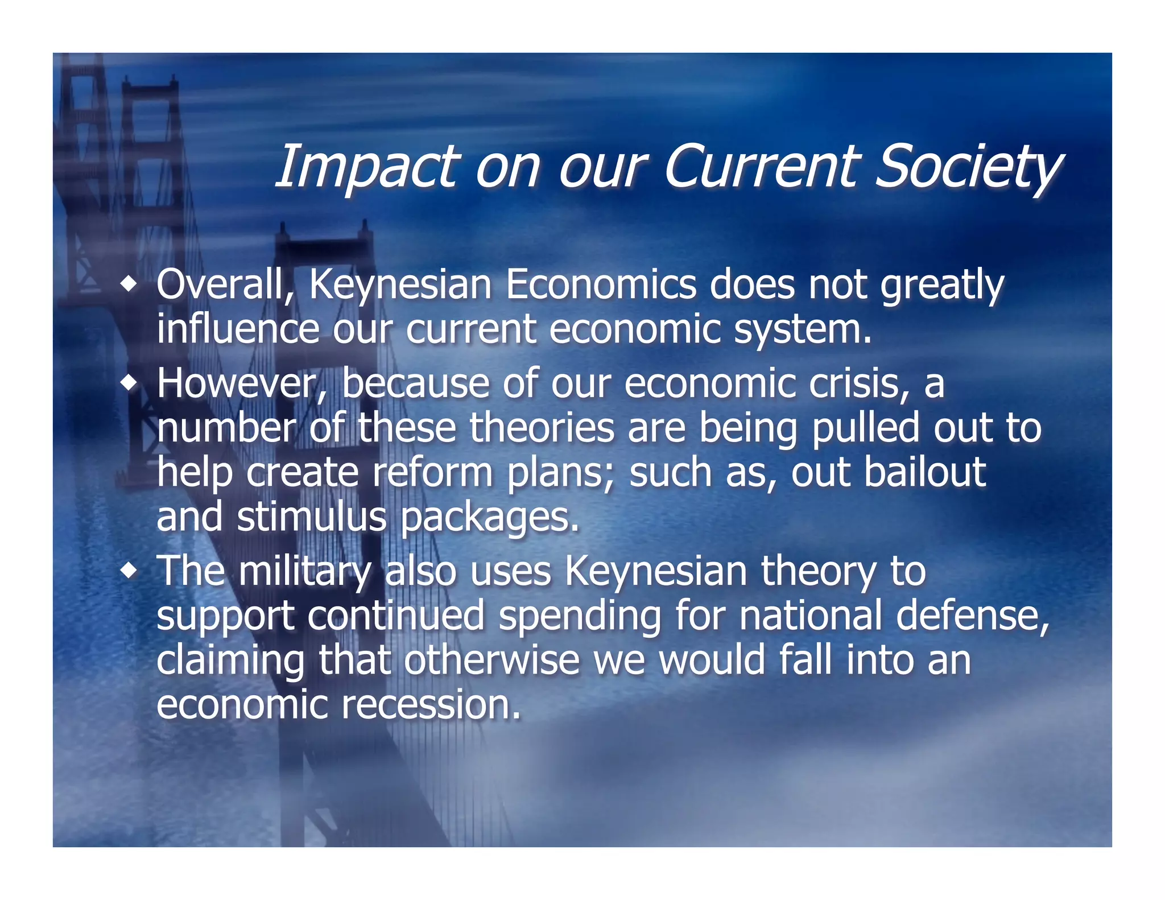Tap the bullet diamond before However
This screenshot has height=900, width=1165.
tap(130, 383)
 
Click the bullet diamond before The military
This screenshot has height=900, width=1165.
tap(130, 571)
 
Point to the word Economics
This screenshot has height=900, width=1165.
tap(601, 284)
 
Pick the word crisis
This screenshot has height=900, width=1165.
tap(859, 383)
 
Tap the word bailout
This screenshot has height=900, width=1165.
tap(925, 472)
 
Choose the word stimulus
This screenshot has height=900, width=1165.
tap(312, 517)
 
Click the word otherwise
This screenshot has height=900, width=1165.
tap(491, 659)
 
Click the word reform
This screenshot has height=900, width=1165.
tap(432, 472)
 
